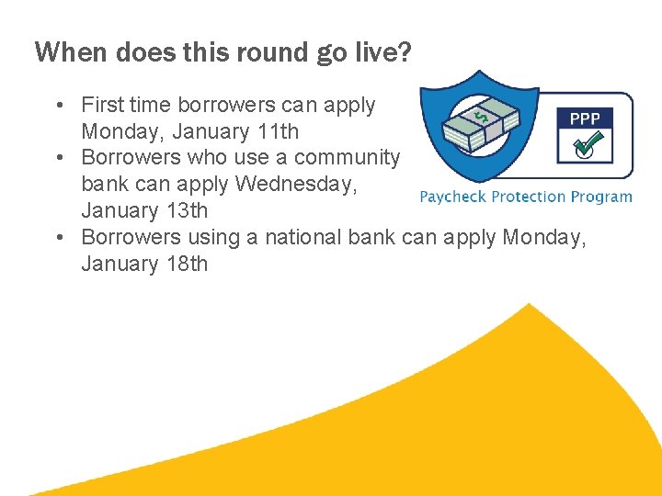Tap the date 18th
click(185, 265)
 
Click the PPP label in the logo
click(585, 119)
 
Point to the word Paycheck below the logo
click(453, 196)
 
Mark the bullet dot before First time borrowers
click(59, 106)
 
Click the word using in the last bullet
click(213, 238)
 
